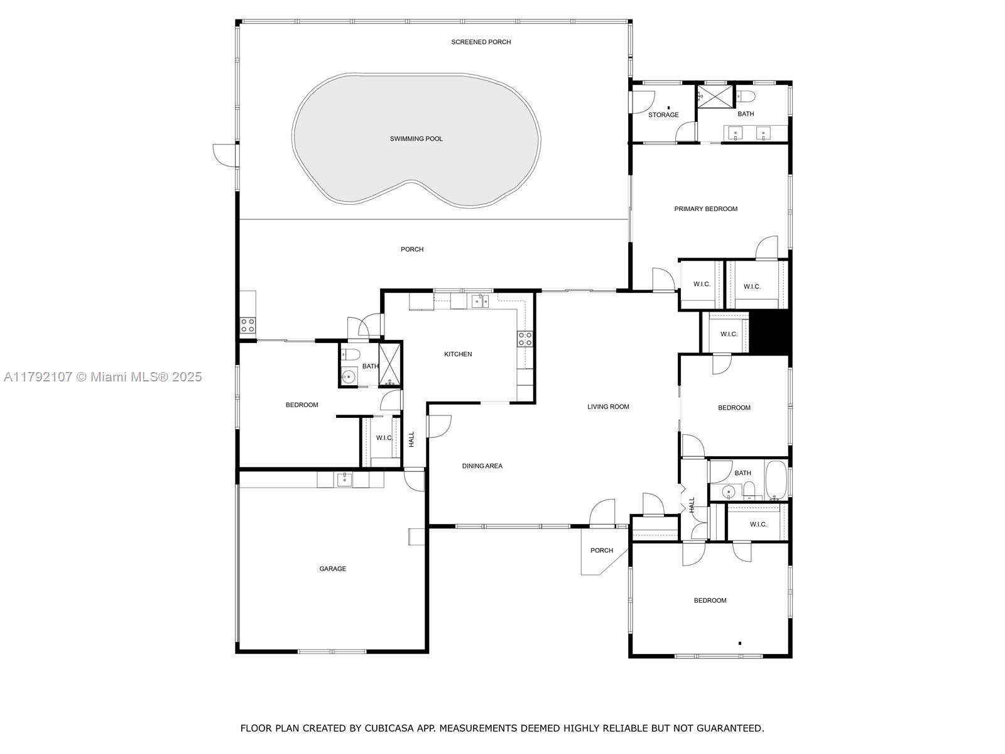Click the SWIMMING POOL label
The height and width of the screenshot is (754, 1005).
tap(416, 139)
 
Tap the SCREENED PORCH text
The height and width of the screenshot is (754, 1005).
tap(481, 42)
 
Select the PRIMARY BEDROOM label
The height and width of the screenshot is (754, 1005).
tap(705, 209)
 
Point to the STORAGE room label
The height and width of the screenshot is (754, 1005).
tap(663, 115)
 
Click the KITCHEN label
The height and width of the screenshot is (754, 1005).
tap(458, 354)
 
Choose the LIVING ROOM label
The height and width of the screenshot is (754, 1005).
tap(608, 407)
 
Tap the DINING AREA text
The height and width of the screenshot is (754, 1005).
tap(482, 466)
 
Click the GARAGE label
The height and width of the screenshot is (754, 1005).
tap(332, 569)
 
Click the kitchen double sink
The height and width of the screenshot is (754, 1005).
tap(480, 301)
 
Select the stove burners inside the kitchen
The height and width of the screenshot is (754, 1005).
tap(524, 339)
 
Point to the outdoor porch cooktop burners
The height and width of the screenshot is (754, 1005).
tap(247, 325)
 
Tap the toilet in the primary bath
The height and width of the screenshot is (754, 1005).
tap(744, 96)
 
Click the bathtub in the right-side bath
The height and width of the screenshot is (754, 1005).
tap(776, 480)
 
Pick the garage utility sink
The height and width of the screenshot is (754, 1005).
tap(344, 479)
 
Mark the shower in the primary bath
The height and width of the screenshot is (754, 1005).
tap(715, 96)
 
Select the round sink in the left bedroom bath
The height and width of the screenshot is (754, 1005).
tap(349, 377)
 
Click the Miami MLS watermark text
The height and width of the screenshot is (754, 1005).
tap(103, 377)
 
